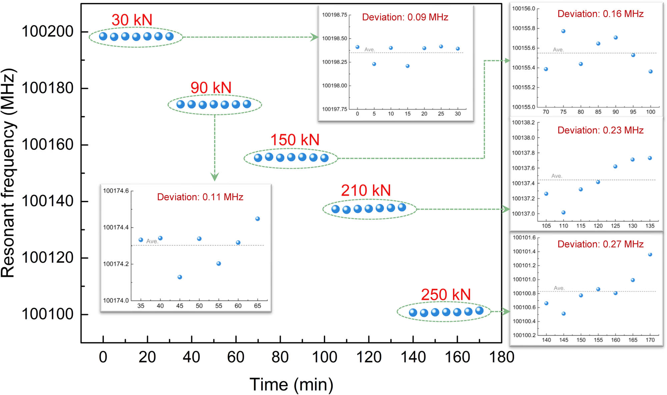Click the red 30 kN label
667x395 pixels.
coord(132,20)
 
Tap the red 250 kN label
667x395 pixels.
coord(446,295)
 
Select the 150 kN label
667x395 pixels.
coord(295,140)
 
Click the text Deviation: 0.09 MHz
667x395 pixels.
coord(405,17)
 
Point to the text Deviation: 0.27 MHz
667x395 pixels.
coord(600,244)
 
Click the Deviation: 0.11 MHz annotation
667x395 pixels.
coord(200,197)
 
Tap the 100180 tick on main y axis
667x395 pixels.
coord(47,88)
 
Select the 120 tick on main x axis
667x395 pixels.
coord(369,357)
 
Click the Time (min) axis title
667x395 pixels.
coord(291,385)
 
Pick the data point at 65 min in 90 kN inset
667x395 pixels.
coord(257,219)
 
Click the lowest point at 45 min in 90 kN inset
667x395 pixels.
coord(180,277)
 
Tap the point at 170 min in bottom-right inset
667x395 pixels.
coord(650,254)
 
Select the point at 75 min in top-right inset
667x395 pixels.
coord(563,31)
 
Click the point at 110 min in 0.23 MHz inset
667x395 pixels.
coord(563,212)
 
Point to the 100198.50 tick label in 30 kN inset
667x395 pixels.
coord(334,38)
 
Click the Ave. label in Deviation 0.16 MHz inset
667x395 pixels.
coord(558,50)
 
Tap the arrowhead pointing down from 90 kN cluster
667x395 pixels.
coord(215,177)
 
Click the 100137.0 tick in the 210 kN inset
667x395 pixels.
coord(523,214)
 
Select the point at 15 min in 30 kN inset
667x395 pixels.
coord(408,66)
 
